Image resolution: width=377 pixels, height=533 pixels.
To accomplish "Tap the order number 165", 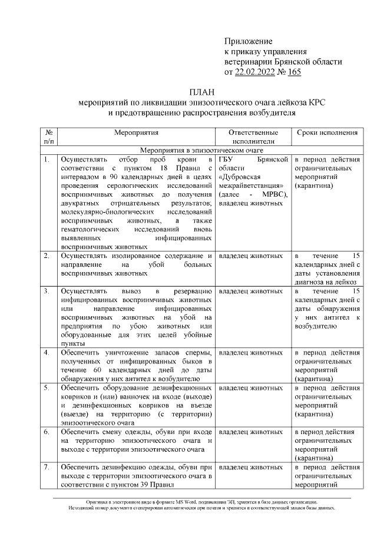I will click(295, 72).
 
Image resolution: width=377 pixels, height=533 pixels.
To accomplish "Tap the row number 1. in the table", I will click(47, 160).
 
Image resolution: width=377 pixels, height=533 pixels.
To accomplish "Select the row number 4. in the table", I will click(47, 353).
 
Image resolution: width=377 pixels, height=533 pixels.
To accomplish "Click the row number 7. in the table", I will click(47, 467).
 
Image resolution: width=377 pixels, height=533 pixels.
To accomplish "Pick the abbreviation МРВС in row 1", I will click(271, 194).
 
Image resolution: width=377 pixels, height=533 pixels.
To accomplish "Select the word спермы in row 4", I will click(199, 353).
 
